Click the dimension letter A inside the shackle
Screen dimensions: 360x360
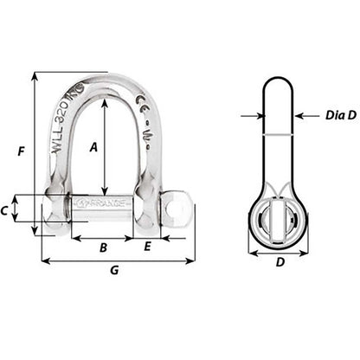[94, 146]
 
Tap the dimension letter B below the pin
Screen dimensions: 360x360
[102, 247]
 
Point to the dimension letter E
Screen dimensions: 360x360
[147, 247]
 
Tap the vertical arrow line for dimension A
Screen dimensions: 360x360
[105, 143]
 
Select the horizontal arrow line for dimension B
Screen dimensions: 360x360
[102, 237]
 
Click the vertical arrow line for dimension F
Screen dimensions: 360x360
[35, 152]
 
